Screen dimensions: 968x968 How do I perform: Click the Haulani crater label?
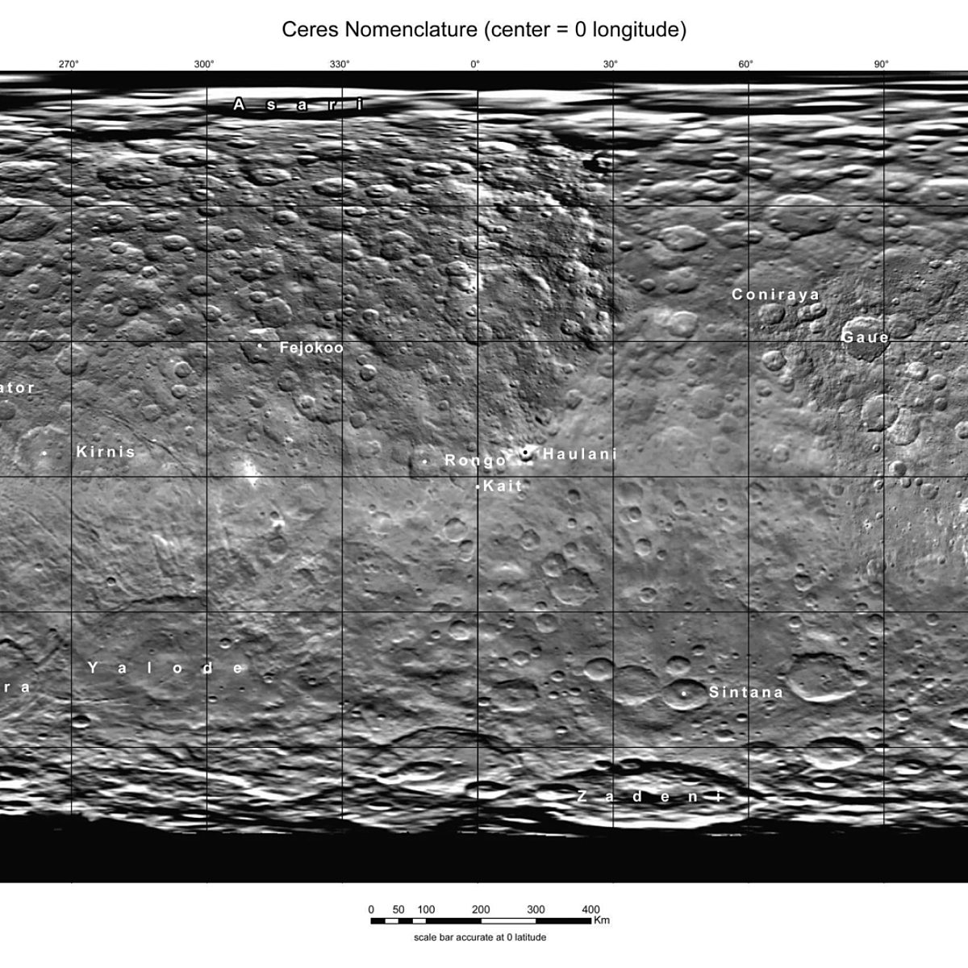tap(579, 454)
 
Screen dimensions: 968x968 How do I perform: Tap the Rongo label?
tap(475, 461)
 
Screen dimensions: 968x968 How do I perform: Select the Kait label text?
tap(503, 486)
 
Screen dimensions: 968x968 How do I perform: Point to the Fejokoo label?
tap(311, 348)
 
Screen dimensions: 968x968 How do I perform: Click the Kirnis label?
tap(106, 452)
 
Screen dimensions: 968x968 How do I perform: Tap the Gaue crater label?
tap(866, 337)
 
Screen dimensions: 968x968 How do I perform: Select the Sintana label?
tap(746, 692)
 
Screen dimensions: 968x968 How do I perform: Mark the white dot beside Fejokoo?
tap(260, 347)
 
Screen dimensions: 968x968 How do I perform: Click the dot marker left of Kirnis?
tap(44, 453)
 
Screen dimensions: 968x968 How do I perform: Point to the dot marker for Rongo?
tap(425, 461)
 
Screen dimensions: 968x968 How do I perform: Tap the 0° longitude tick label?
tap(475, 65)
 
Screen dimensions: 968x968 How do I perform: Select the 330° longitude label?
tap(340, 65)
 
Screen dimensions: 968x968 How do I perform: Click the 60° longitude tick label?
tap(746, 65)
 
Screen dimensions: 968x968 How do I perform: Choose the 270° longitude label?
tap(69, 65)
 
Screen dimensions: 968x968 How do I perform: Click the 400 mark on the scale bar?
tap(590, 910)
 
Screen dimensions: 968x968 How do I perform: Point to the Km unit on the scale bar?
tap(602, 920)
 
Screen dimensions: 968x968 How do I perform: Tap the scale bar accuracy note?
tap(480, 937)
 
